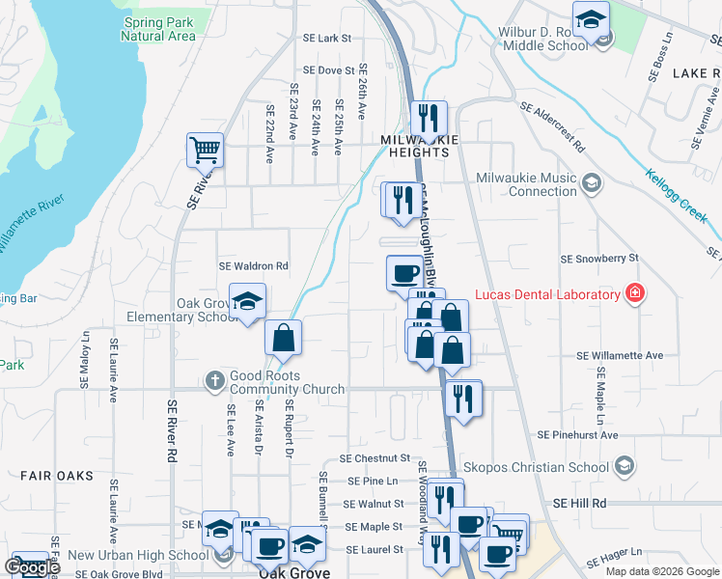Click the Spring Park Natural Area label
[x=158, y=28]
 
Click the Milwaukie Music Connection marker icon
[x=591, y=180]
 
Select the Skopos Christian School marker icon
[x=624, y=467]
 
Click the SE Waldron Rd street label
[x=254, y=265]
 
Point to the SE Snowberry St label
[x=600, y=259]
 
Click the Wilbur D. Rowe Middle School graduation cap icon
[x=590, y=19]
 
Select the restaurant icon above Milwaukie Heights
[x=427, y=119]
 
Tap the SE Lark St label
[x=325, y=39]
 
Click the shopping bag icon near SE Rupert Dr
[x=283, y=339]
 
